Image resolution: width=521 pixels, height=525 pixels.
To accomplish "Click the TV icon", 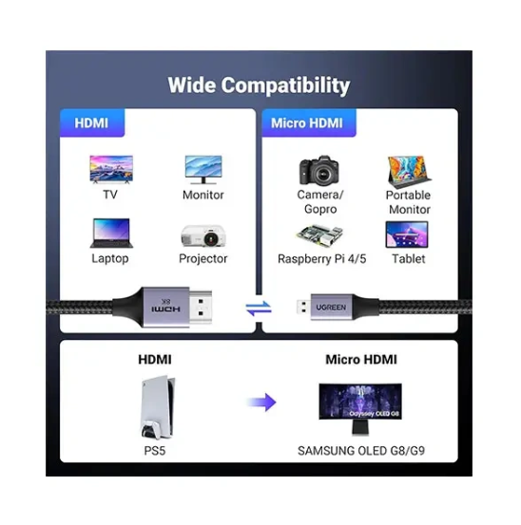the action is [111, 169].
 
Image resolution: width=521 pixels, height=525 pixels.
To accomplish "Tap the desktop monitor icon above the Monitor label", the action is [203, 169].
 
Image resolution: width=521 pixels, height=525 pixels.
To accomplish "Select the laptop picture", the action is [111, 233].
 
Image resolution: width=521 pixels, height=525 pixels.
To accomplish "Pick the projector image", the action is [203, 235].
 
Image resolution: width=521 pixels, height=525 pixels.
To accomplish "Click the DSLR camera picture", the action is [318, 170].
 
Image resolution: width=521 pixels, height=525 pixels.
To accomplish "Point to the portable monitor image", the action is [410, 172].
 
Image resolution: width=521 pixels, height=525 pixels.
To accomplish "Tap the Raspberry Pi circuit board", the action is [319, 235].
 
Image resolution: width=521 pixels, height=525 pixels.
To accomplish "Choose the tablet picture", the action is [407, 234].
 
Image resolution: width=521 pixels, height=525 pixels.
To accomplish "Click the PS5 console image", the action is [157, 407].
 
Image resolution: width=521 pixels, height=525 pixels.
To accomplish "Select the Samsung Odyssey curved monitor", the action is [360, 408].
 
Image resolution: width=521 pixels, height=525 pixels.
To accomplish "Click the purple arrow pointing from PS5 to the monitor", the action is [261, 402].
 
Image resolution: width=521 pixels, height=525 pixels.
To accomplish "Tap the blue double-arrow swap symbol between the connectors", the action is [259, 309].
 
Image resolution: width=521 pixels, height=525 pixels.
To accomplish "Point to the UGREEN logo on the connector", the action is [331, 308].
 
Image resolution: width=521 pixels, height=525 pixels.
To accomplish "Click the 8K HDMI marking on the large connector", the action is [165, 306].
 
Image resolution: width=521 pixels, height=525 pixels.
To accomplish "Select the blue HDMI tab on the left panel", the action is [92, 122].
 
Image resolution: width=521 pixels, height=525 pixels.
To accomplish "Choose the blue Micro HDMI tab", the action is [308, 122].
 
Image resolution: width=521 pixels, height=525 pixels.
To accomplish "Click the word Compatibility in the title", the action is [285, 85].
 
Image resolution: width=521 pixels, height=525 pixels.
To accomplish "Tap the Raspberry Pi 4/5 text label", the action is [322, 259].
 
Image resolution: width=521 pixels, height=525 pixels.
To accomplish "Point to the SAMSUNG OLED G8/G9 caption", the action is [361, 451].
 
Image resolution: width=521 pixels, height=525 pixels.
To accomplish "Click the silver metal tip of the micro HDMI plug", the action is [303, 307].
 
